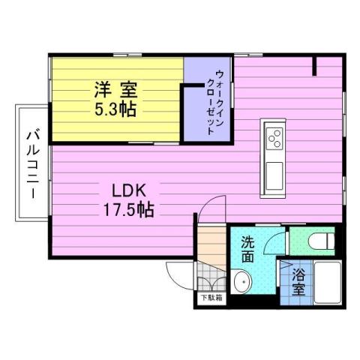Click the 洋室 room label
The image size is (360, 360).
click(114, 89)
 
